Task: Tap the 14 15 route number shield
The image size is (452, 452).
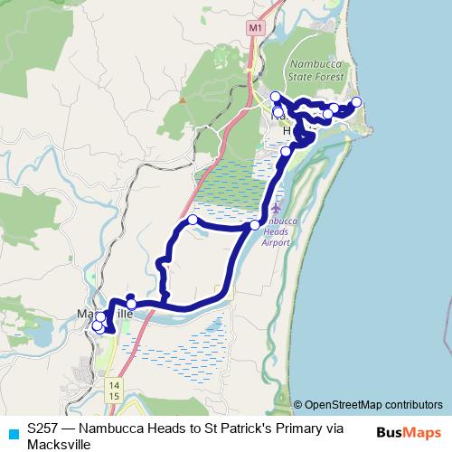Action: tap(113, 391)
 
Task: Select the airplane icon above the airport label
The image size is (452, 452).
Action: tap(276, 210)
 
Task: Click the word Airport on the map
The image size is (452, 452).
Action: tap(276, 243)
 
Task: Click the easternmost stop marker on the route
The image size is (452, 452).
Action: tap(356, 101)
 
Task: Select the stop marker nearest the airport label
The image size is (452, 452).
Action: tap(255, 224)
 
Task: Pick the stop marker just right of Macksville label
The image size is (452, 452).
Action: tap(132, 304)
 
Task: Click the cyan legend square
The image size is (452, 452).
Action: tap(12, 432)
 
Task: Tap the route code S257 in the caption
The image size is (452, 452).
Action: tap(43, 428)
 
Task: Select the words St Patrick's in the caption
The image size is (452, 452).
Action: tap(243, 428)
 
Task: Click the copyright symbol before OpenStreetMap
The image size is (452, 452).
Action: tap(298, 405)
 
